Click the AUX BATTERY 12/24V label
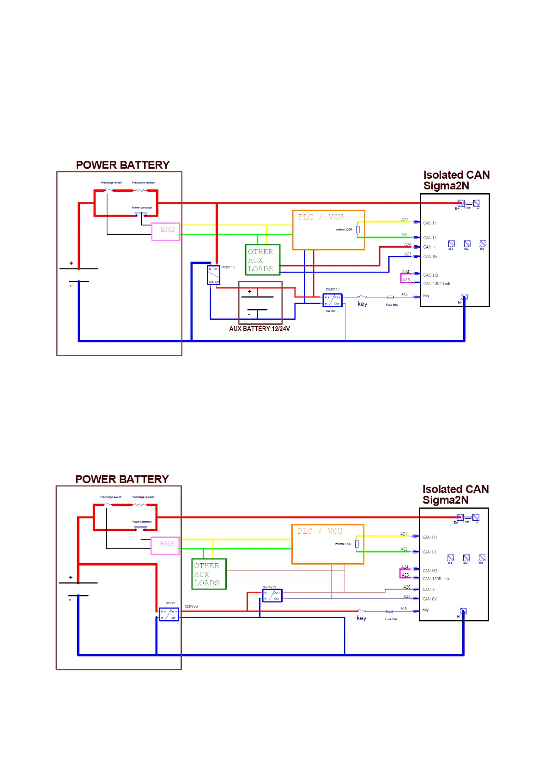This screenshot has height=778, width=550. [260, 328]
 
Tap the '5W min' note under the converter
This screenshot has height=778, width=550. [331, 311]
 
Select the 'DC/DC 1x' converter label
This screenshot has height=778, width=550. [228, 267]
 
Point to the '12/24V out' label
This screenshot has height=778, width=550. [191, 606]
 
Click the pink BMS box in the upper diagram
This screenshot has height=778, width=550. [166, 231]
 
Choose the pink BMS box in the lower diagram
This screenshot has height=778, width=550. [165, 546]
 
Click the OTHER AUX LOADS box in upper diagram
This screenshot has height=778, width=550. [262, 260]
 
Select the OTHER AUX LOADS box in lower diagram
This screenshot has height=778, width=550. [209, 574]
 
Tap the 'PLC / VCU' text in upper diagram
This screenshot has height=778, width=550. [320, 217]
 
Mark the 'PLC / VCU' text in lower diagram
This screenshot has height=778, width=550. [320, 531]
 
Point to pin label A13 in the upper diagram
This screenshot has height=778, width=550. [405, 294]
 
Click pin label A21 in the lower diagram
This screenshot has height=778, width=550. [404, 534]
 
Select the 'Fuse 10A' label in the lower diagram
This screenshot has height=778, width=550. [391, 619]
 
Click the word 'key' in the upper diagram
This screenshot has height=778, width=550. [363, 304]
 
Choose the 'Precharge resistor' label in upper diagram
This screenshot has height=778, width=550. [143, 182]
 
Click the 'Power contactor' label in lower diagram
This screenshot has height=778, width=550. [141, 522]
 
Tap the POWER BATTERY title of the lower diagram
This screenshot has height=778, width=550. [122, 479]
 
